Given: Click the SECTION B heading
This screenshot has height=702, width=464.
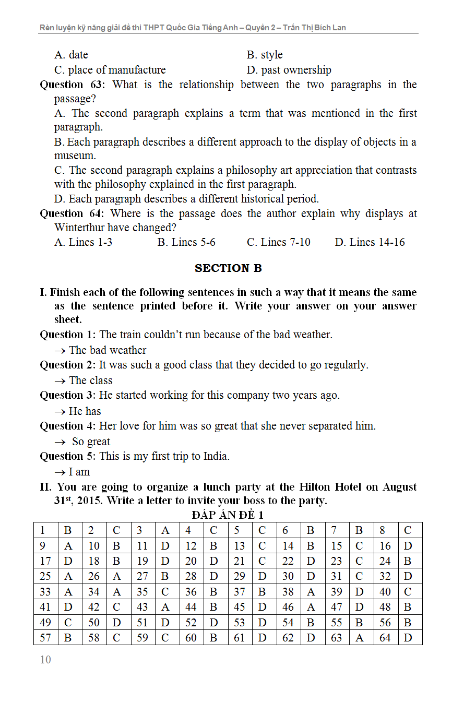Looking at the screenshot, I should pos(228,268).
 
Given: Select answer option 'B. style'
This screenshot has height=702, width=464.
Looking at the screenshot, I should pos(265,55).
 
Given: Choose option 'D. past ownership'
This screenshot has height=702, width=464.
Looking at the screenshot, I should pos(289,70).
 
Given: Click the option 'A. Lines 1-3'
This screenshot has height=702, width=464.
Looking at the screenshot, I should pos(83,242).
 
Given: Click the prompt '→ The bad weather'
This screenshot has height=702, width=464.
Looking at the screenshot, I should pos(100,350).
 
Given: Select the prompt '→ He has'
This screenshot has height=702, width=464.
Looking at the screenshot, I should pos(78,411).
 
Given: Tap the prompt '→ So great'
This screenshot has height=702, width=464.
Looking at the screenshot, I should pos(84,442).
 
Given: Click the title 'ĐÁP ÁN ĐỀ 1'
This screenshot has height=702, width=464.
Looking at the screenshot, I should pos(228,515).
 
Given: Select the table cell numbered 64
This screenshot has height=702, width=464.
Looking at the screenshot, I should pos(385,638).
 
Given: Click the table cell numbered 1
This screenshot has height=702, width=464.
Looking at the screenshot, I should pos(43,531).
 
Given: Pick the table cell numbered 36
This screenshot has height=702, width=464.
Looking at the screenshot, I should pos(191,592).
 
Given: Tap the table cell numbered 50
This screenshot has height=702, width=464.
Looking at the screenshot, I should pos(94,623).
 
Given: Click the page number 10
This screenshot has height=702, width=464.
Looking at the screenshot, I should pos(45,660).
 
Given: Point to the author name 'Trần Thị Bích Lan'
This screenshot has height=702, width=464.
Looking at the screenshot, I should pos(314,28).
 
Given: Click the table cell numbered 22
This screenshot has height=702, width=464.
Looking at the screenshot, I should pos(288,562).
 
